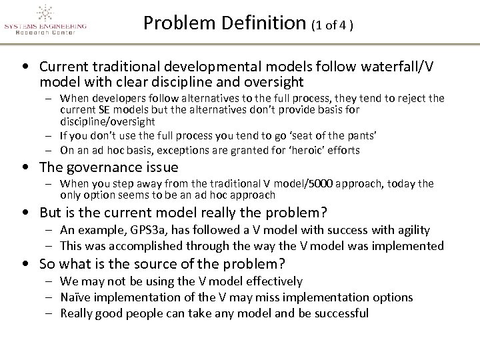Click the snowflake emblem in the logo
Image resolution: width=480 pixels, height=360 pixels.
click(45, 13)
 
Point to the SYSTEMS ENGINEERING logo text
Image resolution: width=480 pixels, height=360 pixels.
click(45, 27)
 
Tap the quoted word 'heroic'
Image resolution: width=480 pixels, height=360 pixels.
click(305, 150)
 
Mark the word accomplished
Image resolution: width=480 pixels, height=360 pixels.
click(133, 245)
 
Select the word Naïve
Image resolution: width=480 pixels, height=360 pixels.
click(75, 297)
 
